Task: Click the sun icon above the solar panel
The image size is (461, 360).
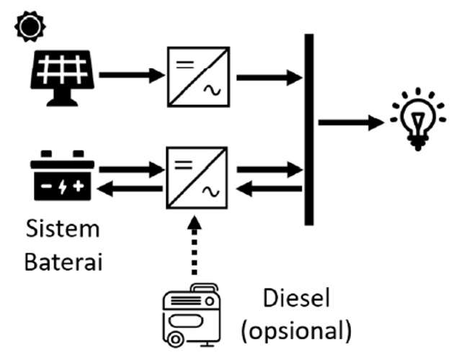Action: pyautogui.click(x=31, y=26)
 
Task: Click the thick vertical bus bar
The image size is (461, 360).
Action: pyautogui.click(x=309, y=130)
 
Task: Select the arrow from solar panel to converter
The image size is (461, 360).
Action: pyautogui.click(x=130, y=74)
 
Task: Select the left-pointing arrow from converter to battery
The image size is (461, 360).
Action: pyautogui.click(x=130, y=189)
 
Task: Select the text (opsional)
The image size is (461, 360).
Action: pyautogui.click(x=297, y=331)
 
